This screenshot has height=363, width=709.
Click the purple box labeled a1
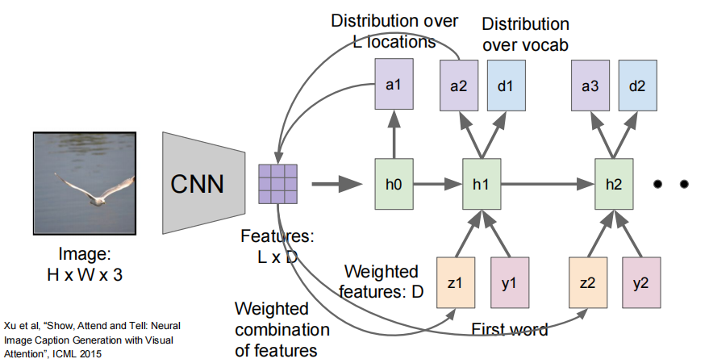[x=394, y=85]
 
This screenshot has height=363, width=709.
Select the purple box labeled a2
[x=458, y=85]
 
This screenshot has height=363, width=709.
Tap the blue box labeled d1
[x=506, y=85]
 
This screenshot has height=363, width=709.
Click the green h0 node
[x=394, y=184]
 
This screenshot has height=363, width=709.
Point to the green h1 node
[x=482, y=184]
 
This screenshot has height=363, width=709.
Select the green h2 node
[x=614, y=184]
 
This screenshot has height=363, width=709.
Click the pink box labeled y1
[x=510, y=283]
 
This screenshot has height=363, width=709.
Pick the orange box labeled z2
[x=588, y=283]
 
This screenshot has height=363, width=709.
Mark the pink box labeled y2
[x=641, y=283]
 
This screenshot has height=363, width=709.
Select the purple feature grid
[x=277, y=184]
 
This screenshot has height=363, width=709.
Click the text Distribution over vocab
[x=525, y=35]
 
